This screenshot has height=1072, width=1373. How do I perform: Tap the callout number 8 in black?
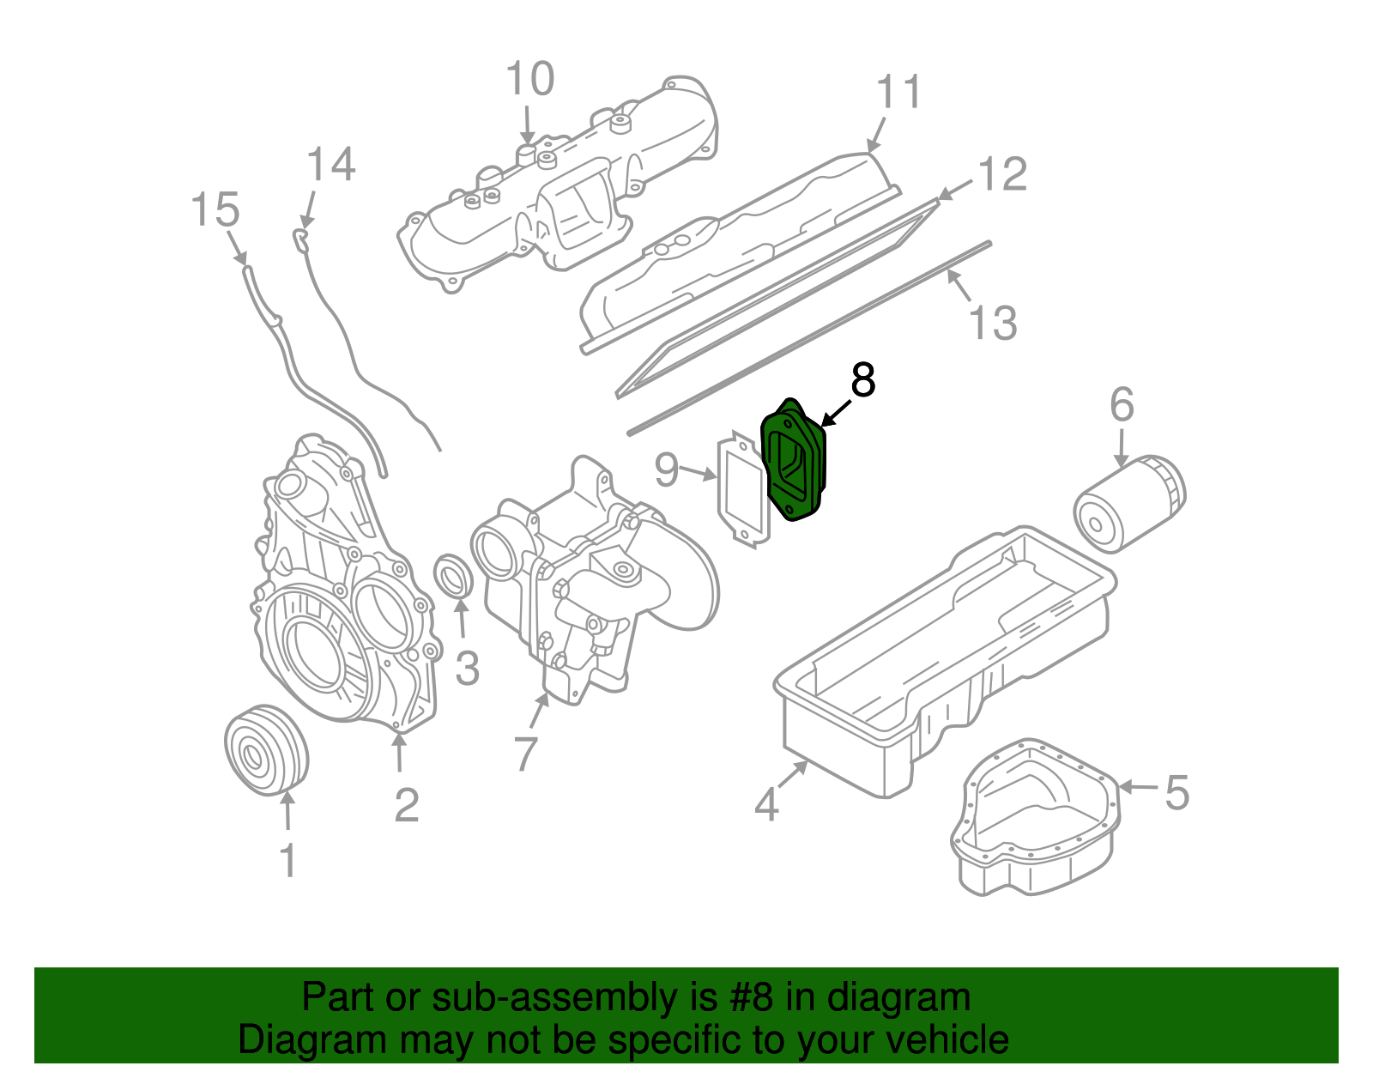[x=862, y=380]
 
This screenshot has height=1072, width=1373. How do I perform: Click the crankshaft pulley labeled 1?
[x=266, y=751]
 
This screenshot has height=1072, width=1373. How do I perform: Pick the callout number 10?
[x=530, y=80]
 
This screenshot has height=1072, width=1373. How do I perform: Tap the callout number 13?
[x=993, y=324]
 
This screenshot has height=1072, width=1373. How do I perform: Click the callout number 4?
[x=766, y=805]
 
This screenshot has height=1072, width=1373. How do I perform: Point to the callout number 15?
[x=215, y=210]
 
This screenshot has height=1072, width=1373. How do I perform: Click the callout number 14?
[x=330, y=165]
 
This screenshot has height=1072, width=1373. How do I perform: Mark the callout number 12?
[x=1002, y=174]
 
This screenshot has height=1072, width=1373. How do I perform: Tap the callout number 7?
[x=525, y=754]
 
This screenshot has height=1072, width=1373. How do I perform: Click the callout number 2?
[x=407, y=805]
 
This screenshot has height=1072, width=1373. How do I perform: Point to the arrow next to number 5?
[x=1138, y=786]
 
